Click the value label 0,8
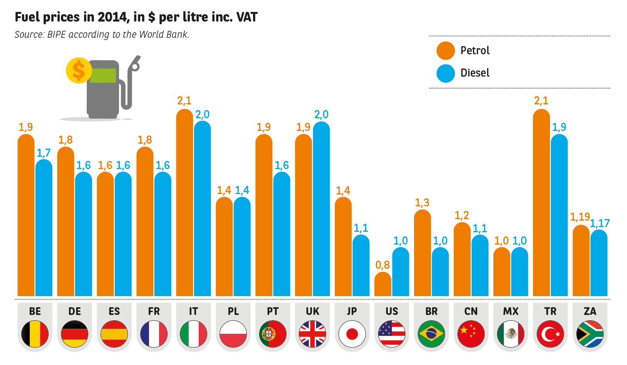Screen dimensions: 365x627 382,265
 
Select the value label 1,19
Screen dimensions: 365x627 580,217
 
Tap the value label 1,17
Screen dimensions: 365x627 600,223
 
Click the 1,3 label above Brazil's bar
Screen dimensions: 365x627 422,203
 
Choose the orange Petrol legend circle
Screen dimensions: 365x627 446,51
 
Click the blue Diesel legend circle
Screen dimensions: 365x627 446,73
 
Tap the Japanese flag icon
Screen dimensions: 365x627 352,334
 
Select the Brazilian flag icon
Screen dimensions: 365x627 431,334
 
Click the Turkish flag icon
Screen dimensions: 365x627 550,334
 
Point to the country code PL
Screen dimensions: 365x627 233,311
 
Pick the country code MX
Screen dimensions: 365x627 511,311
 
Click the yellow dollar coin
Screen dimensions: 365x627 79,70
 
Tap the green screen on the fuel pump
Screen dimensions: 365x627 103,75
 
